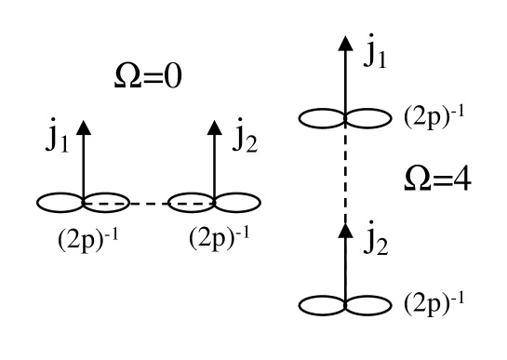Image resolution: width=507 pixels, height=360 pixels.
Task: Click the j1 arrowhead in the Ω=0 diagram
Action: [x=84, y=130]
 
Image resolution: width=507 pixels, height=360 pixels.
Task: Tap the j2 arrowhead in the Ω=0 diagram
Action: [x=214, y=130]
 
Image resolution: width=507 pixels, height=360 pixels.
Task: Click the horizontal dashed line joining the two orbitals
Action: [x=149, y=201]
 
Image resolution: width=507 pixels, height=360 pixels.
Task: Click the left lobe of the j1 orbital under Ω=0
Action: [x=60, y=201]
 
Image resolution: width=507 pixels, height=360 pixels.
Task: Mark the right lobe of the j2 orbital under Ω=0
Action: [x=237, y=201]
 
